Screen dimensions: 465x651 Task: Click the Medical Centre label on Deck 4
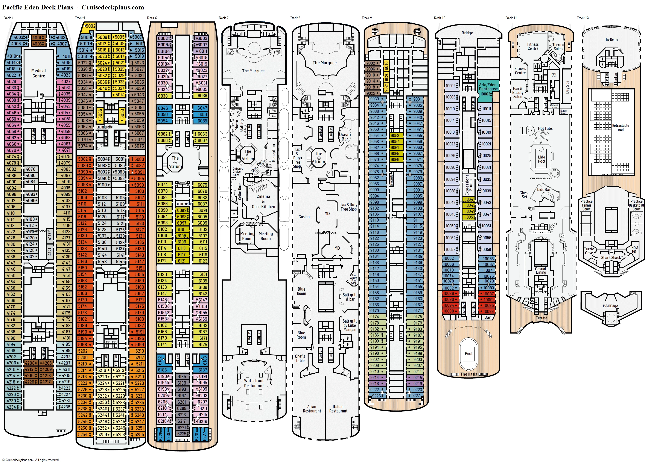pyautogui.click(x=38, y=73)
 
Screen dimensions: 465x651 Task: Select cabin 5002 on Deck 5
pyautogui.click(x=90, y=26)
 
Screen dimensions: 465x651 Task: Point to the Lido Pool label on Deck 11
pyautogui.click(x=541, y=159)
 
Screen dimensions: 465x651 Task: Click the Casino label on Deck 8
pyautogui.click(x=304, y=217)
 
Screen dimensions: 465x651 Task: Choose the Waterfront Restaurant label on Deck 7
pyautogui.click(x=254, y=383)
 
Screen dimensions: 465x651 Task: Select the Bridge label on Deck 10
pyautogui.click(x=467, y=33)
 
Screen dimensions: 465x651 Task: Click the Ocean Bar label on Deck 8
pyautogui.click(x=345, y=137)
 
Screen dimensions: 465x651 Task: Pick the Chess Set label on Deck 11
pyautogui.click(x=524, y=195)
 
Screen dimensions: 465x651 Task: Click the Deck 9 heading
pyautogui.click(x=367, y=18)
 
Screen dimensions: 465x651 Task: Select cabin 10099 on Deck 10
pyautogui.click(x=488, y=311)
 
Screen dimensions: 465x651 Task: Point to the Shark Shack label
pyautogui.click(x=611, y=258)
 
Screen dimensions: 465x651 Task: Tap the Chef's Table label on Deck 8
pyautogui.click(x=300, y=358)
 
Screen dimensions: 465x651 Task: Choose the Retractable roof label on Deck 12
pyautogui.click(x=620, y=127)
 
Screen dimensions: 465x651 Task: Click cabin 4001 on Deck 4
pyautogui.click(x=37, y=38)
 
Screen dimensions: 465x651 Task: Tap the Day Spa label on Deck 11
pyautogui.click(x=567, y=87)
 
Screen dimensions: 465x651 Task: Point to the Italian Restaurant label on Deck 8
pyautogui.click(x=338, y=409)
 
